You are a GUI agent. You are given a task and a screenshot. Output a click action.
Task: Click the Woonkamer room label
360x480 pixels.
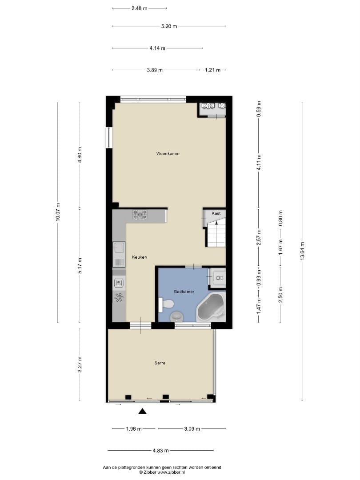[168, 154]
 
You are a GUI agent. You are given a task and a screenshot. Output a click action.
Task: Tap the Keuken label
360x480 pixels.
[139, 257]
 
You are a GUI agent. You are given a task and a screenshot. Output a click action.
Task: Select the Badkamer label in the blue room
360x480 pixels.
[184, 292]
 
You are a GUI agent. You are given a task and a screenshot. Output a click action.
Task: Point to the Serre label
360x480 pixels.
[160, 363]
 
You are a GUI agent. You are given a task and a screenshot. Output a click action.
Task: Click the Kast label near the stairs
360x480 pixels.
[216, 213]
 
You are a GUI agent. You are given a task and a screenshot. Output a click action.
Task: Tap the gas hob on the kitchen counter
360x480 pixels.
[140, 215]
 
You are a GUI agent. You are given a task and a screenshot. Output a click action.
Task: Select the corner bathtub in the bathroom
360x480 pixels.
[211, 308]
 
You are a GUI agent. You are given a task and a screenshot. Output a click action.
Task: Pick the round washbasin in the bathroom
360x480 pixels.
[176, 317]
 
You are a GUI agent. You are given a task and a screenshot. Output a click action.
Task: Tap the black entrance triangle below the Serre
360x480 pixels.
[142, 411]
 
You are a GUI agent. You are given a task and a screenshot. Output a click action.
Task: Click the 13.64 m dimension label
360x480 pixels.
[303, 251]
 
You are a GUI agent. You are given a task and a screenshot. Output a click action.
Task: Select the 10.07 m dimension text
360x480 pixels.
[58, 212]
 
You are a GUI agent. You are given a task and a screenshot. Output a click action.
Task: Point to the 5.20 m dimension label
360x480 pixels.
[169, 26]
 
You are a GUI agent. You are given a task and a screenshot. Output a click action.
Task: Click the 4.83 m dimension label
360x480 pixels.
[161, 451]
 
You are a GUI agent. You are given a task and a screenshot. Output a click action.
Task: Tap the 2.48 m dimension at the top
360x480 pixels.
[139, 8]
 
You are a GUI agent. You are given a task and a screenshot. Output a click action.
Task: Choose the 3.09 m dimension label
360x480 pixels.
[192, 429]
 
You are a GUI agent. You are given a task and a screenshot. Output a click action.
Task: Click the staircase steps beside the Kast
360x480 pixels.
[216, 235]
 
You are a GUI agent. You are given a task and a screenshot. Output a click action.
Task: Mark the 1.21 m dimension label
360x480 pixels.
[213, 70]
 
